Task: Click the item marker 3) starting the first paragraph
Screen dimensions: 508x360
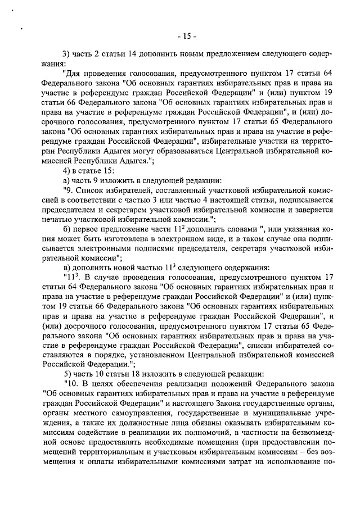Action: pyautogui.click(x=66, y=54)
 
